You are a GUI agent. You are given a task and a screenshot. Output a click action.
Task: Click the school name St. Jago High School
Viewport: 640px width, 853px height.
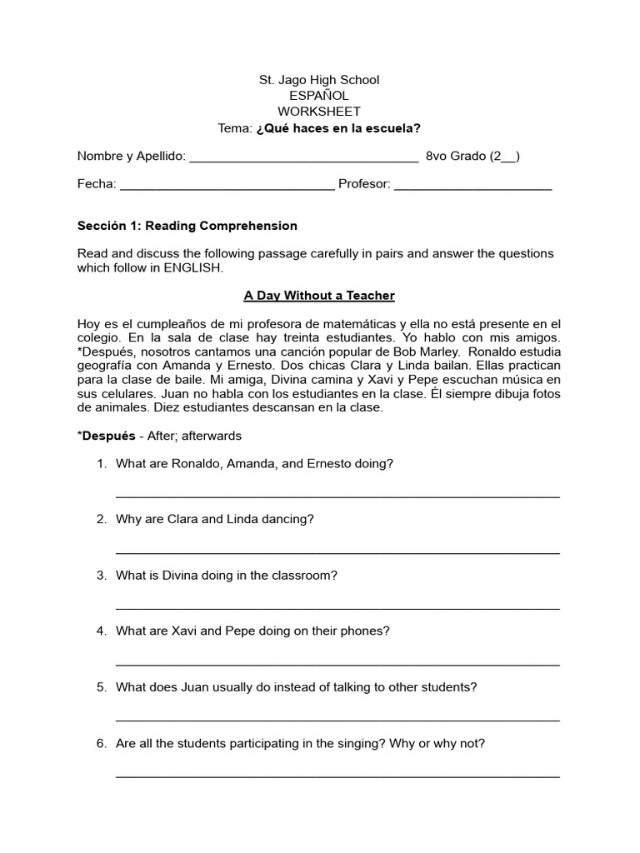tap(319, 80)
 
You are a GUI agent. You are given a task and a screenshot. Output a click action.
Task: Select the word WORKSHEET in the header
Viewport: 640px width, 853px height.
tap(319, 112)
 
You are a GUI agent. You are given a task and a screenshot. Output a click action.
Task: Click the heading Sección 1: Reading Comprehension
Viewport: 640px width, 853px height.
tap(187, 226)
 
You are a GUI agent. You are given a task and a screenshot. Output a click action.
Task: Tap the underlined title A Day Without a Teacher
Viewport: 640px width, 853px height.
tap(319, 296)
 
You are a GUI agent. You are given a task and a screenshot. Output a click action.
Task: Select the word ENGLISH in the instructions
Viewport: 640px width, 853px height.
tap(193, 268)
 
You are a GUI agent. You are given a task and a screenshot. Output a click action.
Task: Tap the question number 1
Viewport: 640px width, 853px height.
tap(102, 464)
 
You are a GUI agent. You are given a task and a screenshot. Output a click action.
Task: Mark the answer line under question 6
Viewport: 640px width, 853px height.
tap(337, 776)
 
